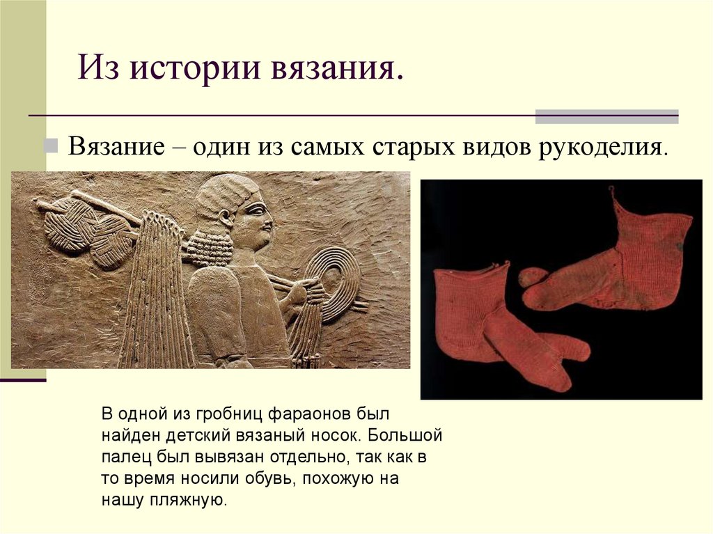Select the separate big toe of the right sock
click(x=532, y=276)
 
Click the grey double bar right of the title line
click(x=606, y=116)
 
